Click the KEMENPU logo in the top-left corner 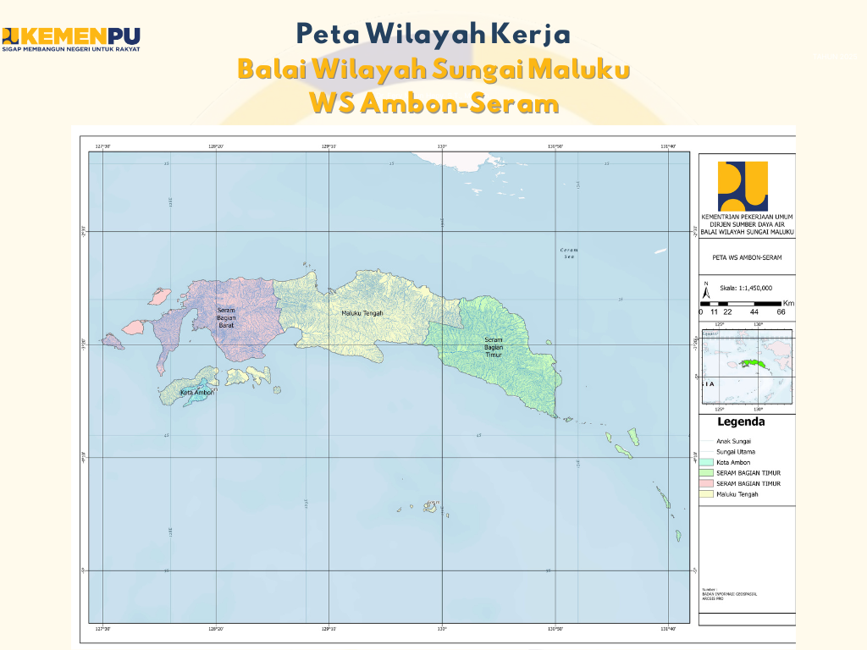pos(71,38)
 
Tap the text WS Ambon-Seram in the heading pos(434,103)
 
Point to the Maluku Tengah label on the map pos(362,313)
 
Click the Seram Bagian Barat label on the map pos(226,318)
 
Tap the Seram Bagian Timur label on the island pos(493,347)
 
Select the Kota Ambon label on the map pos(197,393)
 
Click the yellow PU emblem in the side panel pos(743,186)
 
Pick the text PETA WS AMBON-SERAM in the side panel pos(747,256)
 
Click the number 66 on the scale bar pos(781,311)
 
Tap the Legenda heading pos(741,421)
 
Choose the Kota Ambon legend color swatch pos(707,462)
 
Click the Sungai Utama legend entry pos(734,452)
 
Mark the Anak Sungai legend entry pos(733,441)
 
